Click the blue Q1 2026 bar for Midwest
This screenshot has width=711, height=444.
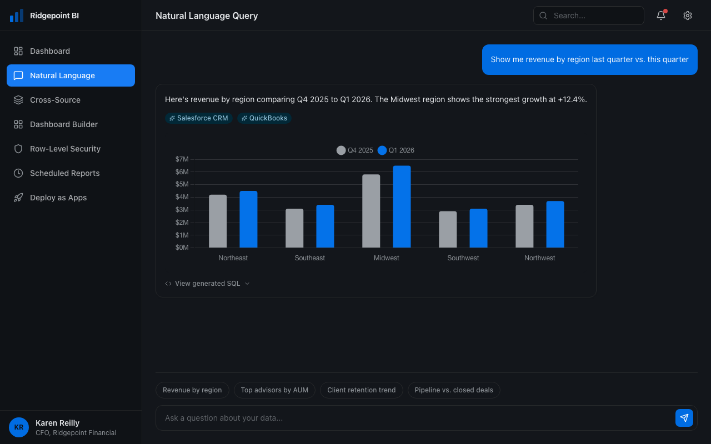402,206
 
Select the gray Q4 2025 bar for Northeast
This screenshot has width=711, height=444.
218,221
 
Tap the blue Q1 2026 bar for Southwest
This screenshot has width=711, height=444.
478,228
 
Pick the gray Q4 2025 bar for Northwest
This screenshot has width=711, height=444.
524,226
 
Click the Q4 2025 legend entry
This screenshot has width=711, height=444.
355,150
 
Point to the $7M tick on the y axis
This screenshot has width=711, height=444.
182,159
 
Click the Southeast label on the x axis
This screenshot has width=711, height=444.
309,258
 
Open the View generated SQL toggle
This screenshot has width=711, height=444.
207,284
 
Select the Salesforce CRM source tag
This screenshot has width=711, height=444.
199,118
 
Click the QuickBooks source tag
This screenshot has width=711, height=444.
264,118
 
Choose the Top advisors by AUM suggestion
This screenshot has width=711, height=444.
274,390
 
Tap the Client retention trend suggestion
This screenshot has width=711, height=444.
362,390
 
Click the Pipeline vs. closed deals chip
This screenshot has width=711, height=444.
454,390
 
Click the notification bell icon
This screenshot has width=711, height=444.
661,16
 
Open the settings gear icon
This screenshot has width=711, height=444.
688,16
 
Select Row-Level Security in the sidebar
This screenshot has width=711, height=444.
65,149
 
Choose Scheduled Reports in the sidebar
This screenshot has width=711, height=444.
64,173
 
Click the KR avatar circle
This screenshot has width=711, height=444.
19,427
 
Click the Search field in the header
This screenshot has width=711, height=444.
589,16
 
